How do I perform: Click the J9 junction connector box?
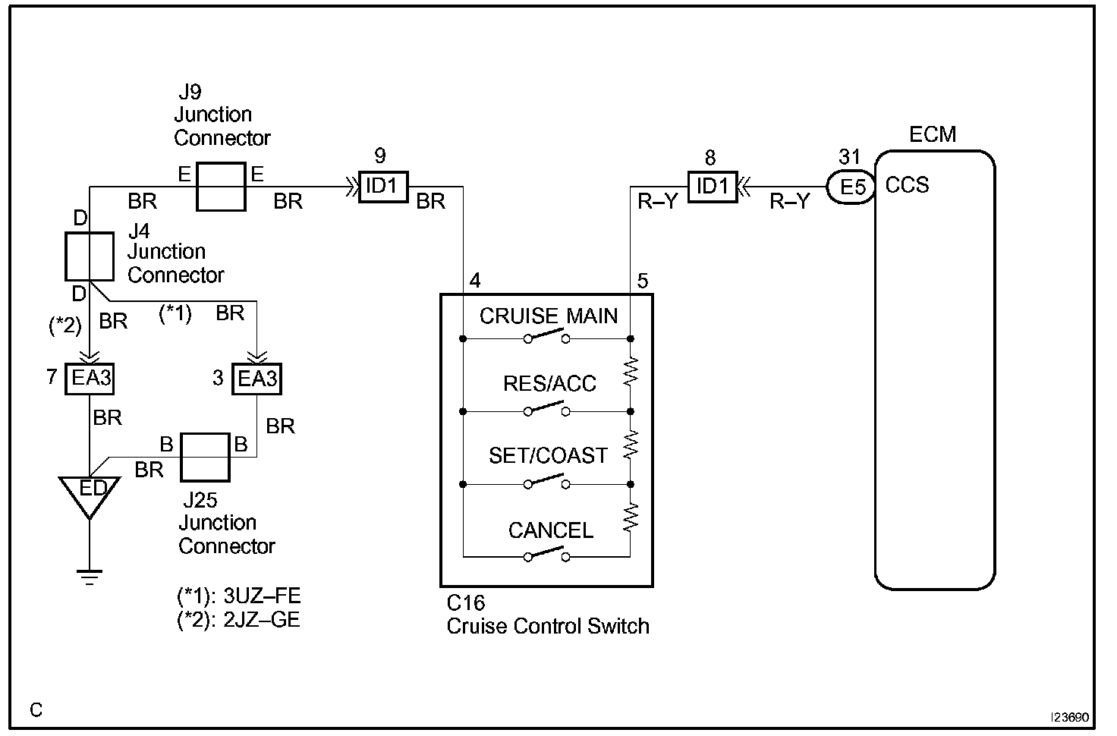[221, 187]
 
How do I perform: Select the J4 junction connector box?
[90, 256]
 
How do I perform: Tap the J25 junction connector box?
[205, 458]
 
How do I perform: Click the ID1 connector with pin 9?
[383, 187]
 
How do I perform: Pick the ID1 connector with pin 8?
[713, 187]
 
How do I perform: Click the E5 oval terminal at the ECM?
[851, 187]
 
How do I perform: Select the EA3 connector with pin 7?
[90, 379]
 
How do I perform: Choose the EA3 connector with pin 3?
[256, 379]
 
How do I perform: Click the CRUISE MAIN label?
[549, 316]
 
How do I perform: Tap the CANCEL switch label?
[551, 530]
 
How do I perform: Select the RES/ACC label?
[549, 384]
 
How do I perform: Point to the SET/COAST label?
[548, 456]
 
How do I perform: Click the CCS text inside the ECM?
[907, 185]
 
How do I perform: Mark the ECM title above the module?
[933, 134]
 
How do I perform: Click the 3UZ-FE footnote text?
[239, 596]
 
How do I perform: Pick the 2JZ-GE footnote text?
[239, 620]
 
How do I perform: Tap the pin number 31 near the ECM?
[849, 157]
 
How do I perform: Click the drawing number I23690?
[1070, 717]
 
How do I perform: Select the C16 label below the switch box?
[466, 603]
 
